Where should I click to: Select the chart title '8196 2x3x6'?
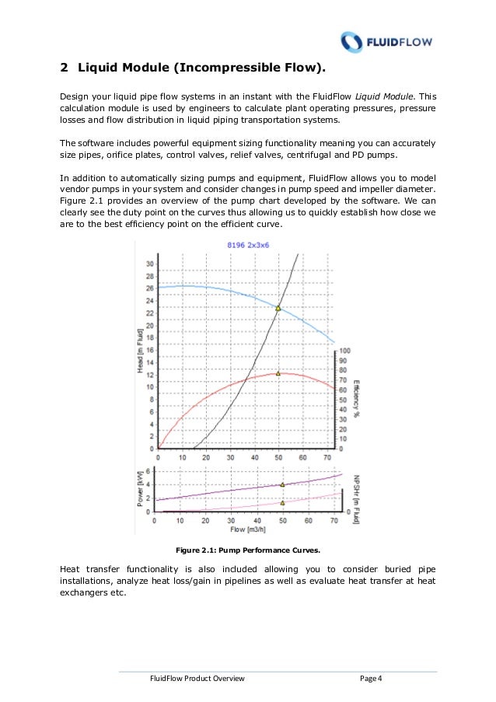pos(248,245)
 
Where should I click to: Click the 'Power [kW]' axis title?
pos(139,488)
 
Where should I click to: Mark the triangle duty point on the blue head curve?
pos(278,308)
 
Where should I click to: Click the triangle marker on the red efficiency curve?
pos(278,373)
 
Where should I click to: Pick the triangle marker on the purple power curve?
pos(282,484)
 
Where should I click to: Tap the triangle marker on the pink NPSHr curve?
pos(282,502)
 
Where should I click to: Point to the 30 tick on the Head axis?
pos(148,263)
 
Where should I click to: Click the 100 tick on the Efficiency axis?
pos(345,351)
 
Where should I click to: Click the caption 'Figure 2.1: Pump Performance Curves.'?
pos(247,550)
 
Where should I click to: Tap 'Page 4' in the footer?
pos(371,679)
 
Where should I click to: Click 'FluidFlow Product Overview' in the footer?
pos(197,679)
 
